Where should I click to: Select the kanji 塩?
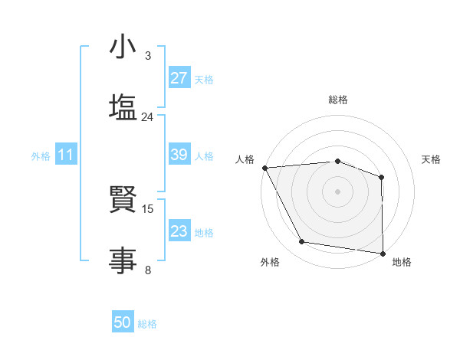coord(123,106)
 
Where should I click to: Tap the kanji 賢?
coord(123,201)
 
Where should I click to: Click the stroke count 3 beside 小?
coord(148,56)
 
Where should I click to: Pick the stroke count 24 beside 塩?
coord(147,117)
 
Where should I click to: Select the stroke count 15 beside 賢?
coord(149,208)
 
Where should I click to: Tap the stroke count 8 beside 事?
coord(148,270)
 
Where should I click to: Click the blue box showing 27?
coord(179,78)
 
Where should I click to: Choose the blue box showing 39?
coord(179,155)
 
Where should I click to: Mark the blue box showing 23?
coord(179,231)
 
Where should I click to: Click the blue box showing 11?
coord(66,155)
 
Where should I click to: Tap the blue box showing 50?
coord(123,322)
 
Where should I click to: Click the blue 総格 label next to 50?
coord(147,324)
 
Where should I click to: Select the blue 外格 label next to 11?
coord(41,156)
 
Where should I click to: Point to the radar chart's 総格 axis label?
coord(337,100)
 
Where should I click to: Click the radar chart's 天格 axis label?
coord(431,159)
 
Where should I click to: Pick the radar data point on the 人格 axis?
coord(264,168)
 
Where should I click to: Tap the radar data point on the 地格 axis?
coord(383,253)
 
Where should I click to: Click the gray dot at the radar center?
coord(337,191)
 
